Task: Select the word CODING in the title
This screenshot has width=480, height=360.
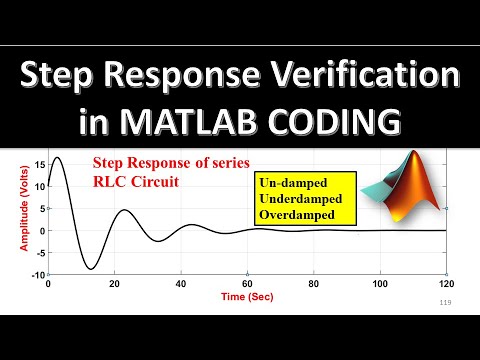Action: (338, 121)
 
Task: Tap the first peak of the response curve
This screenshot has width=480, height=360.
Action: (57, 158)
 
